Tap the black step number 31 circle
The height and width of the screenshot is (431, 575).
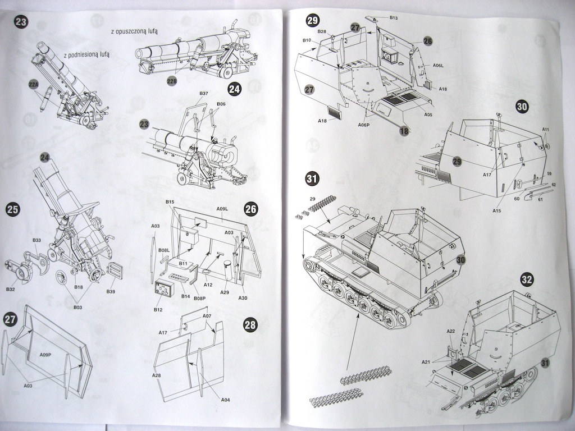tap(312, 180)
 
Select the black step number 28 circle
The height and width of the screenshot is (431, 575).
tap(250, 325)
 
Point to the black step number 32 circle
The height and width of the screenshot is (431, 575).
tap(527, 279)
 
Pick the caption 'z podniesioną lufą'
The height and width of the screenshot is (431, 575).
tap(86, 55)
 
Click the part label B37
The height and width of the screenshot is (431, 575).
tap(204, 94)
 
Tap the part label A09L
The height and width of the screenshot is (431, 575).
tap(222, 209)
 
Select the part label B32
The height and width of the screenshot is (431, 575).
tap(11, 289)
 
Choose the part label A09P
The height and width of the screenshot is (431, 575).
tap(47, 355)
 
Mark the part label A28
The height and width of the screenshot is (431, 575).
tap(157, 375)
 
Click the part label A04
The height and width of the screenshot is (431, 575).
tap(226, 400)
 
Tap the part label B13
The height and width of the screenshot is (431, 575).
tap(394, 19)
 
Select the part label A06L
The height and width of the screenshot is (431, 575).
tap(439, 66)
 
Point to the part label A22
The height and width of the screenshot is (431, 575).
tap(450, 332)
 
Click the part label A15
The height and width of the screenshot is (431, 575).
tap(496, 210)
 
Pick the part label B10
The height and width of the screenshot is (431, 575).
tap(307, 40)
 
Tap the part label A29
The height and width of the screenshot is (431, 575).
tap(225, 293)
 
